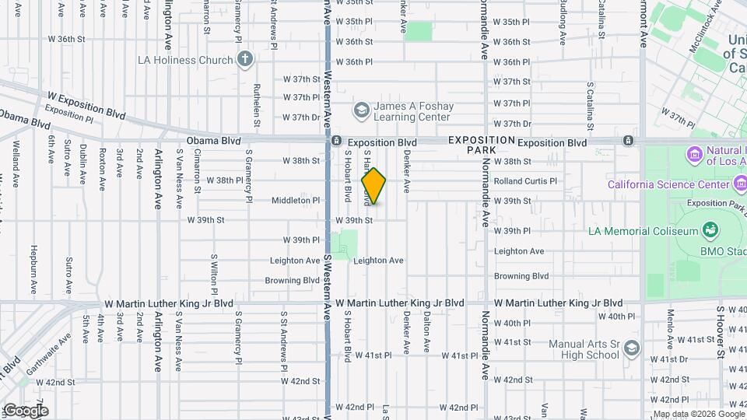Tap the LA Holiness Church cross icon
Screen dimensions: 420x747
point(245,59)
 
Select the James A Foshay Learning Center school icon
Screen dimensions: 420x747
point(361,111)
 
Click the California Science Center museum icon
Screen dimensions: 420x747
point(741,183)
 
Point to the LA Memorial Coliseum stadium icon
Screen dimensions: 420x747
point(709,230)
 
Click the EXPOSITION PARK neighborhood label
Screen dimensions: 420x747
point(482,144)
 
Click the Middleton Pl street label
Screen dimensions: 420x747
point(296,200)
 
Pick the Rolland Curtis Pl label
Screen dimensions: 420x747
point(526,181)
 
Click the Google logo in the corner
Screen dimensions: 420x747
point(26,411)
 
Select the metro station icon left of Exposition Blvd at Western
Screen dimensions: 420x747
point(335,142)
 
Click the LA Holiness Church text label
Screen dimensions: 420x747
point(184,60)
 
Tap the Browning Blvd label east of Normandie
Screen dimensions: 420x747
point(521,276)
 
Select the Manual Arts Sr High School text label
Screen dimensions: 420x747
point(584,349)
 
